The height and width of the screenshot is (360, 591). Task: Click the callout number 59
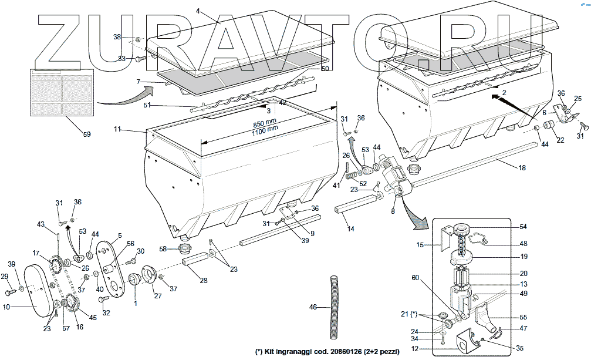[x=86, y=134]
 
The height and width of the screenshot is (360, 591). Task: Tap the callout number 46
[x=313, y=307]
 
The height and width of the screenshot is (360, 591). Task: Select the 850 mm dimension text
[x=266, y=125]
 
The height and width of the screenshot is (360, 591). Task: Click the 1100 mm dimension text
[x=265, y=132]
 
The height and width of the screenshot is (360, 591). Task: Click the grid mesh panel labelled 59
[x=61, y=92]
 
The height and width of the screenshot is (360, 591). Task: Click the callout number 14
[x=351, y=228]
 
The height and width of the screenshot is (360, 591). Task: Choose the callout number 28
[x=203, y=280]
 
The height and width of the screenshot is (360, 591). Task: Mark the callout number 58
[x=163, y=248]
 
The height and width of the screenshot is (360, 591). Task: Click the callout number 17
[x=36, y=253]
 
